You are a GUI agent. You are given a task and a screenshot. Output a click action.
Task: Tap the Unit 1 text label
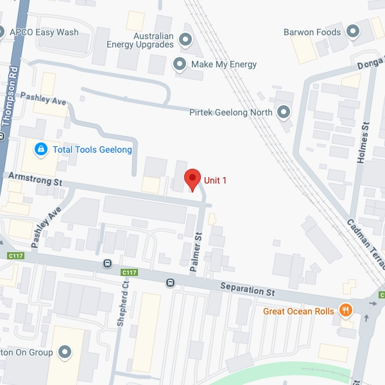point(216,180)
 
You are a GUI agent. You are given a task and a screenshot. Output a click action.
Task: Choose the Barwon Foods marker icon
point(352,31)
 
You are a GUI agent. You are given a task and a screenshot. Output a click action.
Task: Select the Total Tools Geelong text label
point(92,150)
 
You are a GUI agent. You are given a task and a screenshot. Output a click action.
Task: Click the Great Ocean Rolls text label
point(298,311)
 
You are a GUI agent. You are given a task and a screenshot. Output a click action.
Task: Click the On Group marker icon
point(65,352)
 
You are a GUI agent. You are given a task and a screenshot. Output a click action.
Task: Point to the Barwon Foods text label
point(312,31)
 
